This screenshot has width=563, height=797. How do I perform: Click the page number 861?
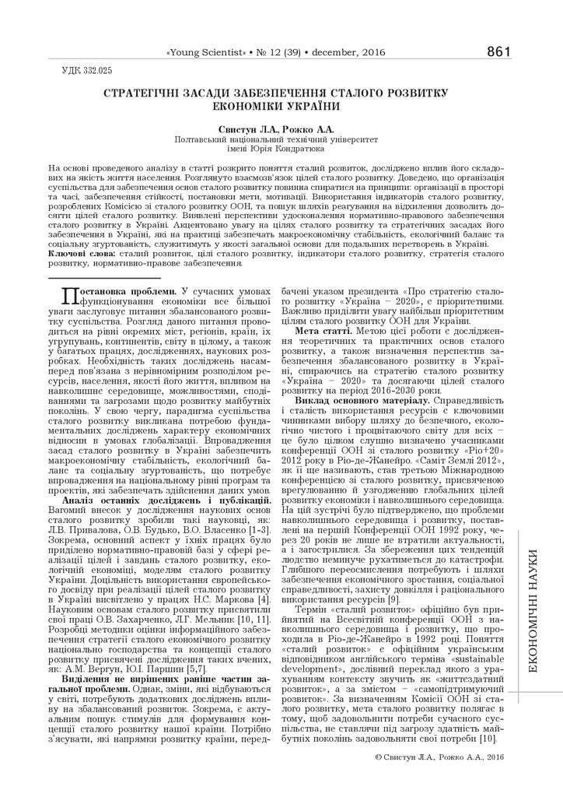[x=498, y=52]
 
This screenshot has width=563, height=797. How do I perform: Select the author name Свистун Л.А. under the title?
[x=245, y=128]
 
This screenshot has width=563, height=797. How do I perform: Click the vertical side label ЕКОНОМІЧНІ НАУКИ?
[x=533, y=599]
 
